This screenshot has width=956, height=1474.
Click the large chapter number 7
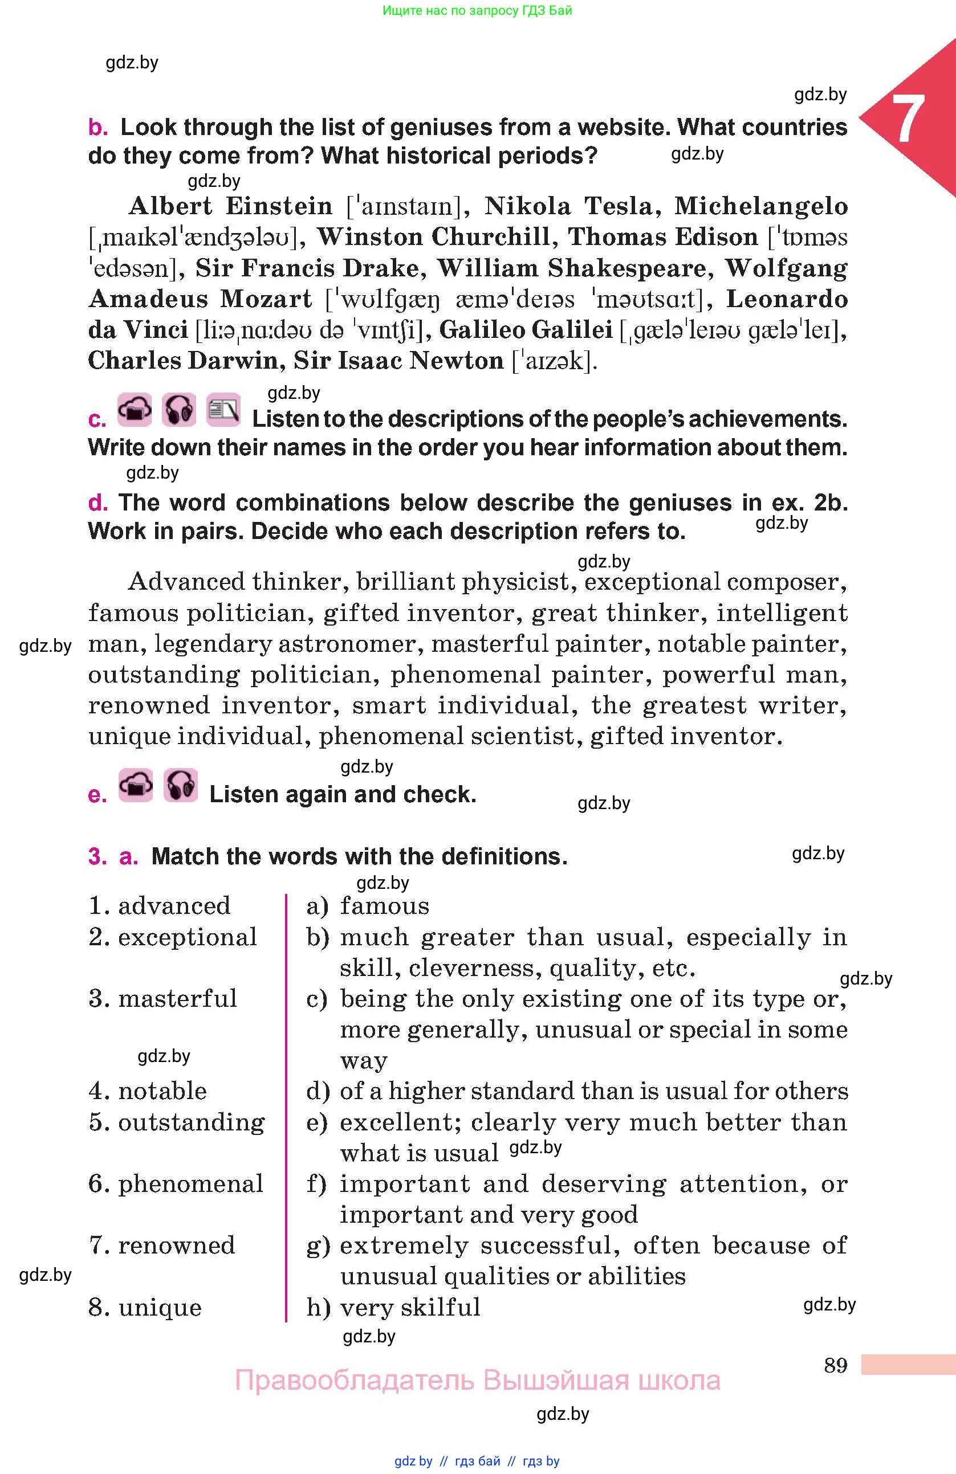coord(907,119)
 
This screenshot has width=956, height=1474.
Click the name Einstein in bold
coord(279,206)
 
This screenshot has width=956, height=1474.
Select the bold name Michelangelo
coord(761,206)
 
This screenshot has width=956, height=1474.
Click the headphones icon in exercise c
coord(178,410)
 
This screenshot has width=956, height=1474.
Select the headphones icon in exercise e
coord(180,785)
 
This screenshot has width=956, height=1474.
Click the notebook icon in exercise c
coord(222,410)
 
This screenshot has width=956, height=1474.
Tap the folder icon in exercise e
coord(135,785)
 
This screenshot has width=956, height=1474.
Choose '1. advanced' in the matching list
coord(159,905)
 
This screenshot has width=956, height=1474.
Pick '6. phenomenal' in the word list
coord(176,1183)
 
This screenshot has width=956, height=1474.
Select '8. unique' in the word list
coord(145,1307)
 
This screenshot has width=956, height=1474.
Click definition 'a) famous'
coord(367,905)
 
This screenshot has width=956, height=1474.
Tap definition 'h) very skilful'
coord(393,1307)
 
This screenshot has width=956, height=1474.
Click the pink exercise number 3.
coord(97,856)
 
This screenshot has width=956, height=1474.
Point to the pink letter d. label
coord(98,503)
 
